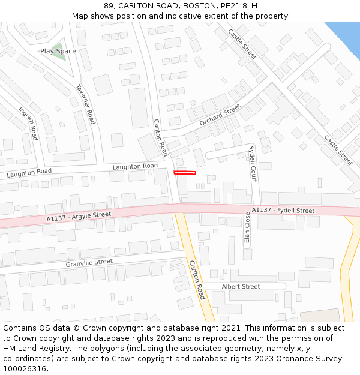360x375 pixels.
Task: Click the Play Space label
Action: [x=58, y=52]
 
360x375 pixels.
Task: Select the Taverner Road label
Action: [x=85, y=104]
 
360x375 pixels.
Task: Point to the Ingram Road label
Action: [x=29, y=124]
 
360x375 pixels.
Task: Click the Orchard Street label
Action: [x=220, y=113]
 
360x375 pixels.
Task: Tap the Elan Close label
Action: [x=247, y=228]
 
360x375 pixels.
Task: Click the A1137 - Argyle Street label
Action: [x=79, y=217]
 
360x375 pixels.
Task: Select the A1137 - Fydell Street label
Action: [x=283, y=211]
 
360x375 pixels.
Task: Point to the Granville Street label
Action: [x=89, y=263]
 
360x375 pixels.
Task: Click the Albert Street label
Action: [x=241, y=286]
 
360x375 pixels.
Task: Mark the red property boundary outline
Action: [x=185, y=173]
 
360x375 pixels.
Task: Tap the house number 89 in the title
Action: [x=108, y=6]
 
